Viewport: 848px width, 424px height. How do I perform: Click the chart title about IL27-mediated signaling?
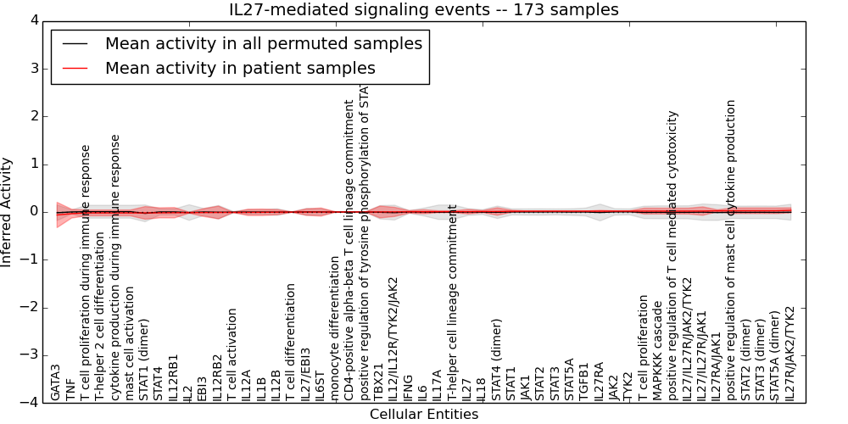(423, 10)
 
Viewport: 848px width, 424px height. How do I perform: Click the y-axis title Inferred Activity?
(8, 211)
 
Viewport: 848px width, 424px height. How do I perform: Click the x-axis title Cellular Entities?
(423, 415)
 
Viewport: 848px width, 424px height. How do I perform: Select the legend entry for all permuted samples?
(263, 43)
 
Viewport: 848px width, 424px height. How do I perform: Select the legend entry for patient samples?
(240, 68)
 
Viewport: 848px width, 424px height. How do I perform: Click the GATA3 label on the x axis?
(56, 382)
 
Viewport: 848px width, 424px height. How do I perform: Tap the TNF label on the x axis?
(70, 389)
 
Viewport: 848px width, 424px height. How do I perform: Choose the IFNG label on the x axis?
(408, 387)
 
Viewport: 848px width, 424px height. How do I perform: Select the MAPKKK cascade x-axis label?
(658, 356)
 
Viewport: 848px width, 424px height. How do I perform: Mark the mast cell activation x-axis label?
(130, 343)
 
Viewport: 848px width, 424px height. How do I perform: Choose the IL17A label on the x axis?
(438, 385)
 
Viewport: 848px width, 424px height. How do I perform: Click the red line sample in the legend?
(75, 68)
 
